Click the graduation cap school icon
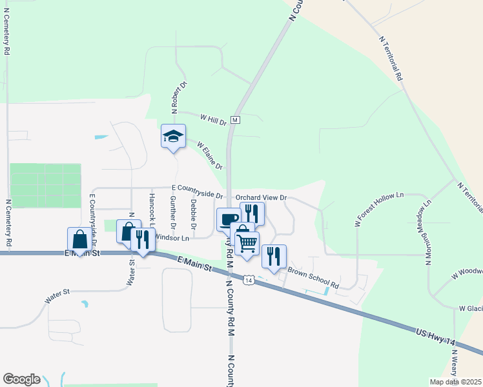pyautogui.click(x=173, y=135)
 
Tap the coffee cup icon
pyautogui.click(x=227, y=219)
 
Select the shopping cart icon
pyautogui.click(x=247, y=243)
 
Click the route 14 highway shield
pyautogui.click(x=248, y=279)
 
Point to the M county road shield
pyautogui.click(x=235, y=120)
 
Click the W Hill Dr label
pyautogui.click(x=213, y=120)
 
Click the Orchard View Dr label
pyautogui.click(x=260, y=198)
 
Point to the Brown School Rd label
pyautogui.click(x=313, y=277)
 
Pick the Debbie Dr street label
pyautogui.click(x=193, y=213)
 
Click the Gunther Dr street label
pyautogui.click(x=172, y=213)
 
